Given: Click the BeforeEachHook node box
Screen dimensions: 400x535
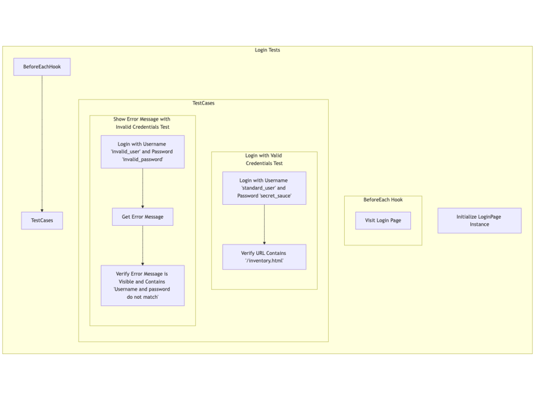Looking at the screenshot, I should (x=42, y=67).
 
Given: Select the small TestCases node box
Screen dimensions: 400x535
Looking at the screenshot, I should (x=42, y=220).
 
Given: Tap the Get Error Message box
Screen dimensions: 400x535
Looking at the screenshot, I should (x=142, y=217).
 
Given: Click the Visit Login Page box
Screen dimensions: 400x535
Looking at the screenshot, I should (x=382, y=220).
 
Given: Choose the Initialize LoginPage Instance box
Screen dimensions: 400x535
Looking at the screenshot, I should (x=479, y=220).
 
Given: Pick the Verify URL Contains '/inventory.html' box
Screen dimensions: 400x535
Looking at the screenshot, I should (x=264, y=257).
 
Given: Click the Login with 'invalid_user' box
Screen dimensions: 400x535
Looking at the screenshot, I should (x=142, y=151).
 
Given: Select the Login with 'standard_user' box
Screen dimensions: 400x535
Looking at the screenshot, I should (x=264, y=188).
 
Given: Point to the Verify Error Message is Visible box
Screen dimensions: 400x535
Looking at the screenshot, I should (x=142, y=285).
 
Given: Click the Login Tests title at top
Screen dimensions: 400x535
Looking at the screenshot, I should (x=267, y=50).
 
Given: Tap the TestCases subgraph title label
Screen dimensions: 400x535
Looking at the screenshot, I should (x=203, y=103).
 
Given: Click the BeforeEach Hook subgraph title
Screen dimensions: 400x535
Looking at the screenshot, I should (x=382, y=200).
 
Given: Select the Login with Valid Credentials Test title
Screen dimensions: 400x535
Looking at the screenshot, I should (x=264, y=160).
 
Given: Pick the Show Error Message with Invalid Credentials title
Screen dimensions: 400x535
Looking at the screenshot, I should (x=142, y=123).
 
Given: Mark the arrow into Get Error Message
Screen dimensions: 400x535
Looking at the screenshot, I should (x=142, y=188).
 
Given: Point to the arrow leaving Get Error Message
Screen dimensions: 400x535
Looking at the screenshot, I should (x=142, y=245).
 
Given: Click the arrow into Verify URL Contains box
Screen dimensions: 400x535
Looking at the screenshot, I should (x=264, y=224).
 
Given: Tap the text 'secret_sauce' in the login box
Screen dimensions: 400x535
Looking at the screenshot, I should (x=274, y=196).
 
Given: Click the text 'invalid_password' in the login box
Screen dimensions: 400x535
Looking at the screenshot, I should (x=142, y=160).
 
